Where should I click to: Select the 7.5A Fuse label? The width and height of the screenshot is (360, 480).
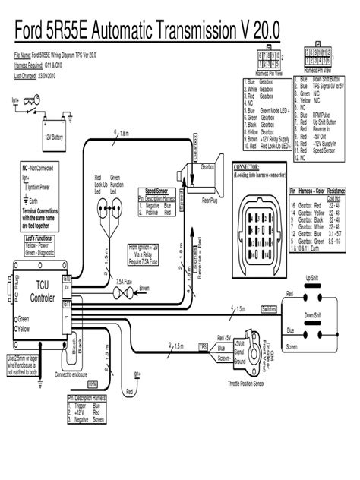click(x=107, y=280)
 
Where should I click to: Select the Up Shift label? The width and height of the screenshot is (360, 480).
click(x=311, y=278)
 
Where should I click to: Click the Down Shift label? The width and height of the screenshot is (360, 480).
click(x=312, y=313)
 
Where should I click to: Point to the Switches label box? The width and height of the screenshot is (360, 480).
click(x=269, y=309)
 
